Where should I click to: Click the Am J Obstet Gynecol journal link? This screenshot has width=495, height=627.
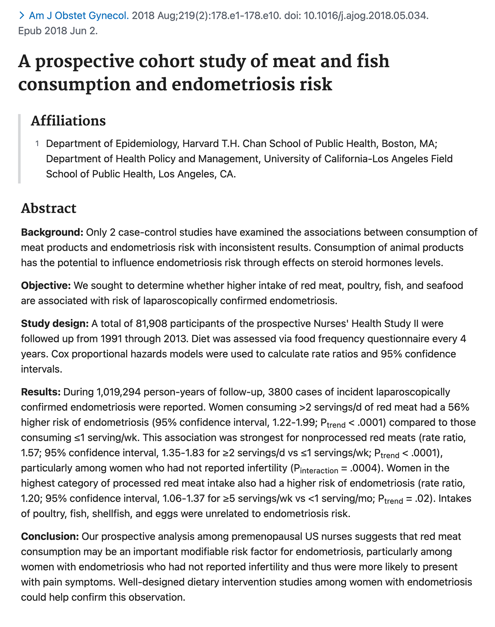coord(78,16)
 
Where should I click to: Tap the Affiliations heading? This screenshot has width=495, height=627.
coord(68,121)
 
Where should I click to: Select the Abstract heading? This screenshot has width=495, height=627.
coord(49,208)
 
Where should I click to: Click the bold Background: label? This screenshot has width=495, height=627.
coord(52,232)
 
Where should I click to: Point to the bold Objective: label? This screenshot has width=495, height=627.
coord(46,285)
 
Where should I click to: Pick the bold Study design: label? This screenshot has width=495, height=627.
coord(54,323)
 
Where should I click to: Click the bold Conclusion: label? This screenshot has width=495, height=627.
coord(50,536)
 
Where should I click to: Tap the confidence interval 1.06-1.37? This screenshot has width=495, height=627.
coord(183,498)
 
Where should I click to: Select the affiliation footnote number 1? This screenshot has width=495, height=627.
coord(37,143)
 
